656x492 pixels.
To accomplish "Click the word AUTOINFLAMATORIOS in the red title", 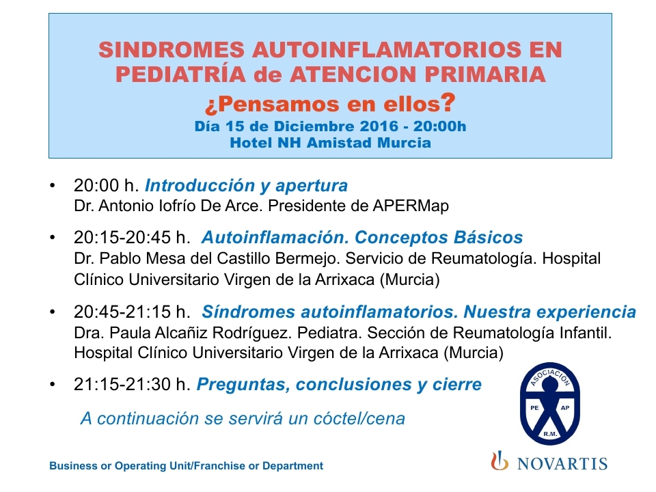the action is pyautogui.click(x=386, y=50).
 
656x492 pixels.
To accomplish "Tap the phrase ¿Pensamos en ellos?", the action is pyautogui.click(x=329, y=103).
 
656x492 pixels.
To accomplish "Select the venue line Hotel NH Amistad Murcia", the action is pyautogui.click(x=331, y=143).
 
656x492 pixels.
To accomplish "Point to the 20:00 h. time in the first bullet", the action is pyautogui.click(x=107, y=185).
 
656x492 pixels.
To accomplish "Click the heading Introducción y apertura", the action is pyautogui.click(x=247, y=186).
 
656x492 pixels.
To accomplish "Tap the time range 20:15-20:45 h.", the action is pyautogui.click(x=132, y=237).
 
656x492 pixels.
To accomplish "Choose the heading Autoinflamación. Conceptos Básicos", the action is pyautogui.click(x=362, y=237).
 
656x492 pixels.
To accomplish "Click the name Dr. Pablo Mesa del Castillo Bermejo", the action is pyautogui.click(x=206, y=258).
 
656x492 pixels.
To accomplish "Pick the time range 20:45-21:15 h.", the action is pyautogui.click(x=132, y=312).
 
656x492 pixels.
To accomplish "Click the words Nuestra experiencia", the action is pyautogui.click(x=549, y=312).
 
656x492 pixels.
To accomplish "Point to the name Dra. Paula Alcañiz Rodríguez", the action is pyautogui.click(x=182, y=333).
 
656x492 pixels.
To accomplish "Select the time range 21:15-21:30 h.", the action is pyautogui.click(x=132, y=384).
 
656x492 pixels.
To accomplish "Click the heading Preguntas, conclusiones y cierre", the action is pyautogui.click(x=340, y=385).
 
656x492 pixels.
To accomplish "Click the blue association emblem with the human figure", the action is pyautogui.click(x=549, y=404).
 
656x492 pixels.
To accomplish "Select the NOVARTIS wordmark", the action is pyautogui.click(x=562, y=463).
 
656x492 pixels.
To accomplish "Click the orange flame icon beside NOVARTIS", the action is pyautogui.click(x=500, y=461).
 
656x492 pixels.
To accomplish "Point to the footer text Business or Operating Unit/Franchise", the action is pyautogui.click(x=148, y=465).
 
